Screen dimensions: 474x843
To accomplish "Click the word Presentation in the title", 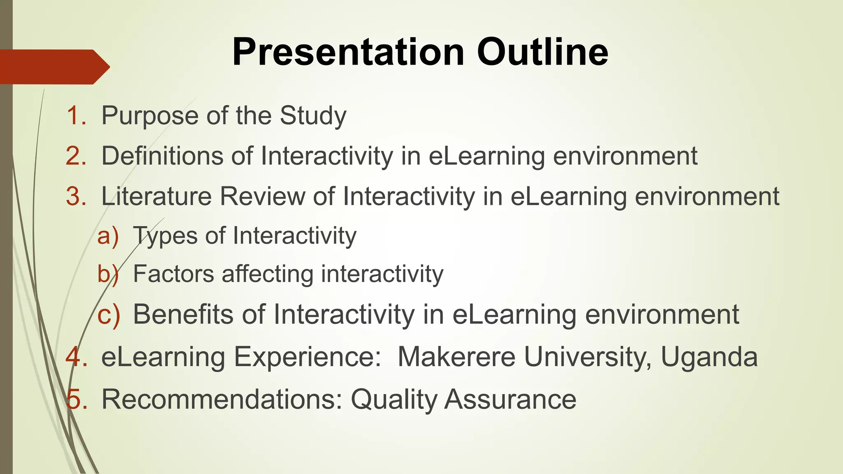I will (348, 52).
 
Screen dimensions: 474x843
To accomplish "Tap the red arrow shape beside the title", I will (54, 67).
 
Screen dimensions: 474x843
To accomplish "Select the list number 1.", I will (76, 116).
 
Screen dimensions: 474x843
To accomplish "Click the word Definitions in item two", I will (163, 156).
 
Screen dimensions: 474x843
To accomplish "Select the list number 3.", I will (76, 196).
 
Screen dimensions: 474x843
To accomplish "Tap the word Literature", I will (156, 196).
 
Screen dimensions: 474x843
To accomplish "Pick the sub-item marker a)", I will (108, 236).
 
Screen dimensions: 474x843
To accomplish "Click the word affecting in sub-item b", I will (268, 274).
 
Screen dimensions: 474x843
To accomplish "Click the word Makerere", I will (456, 357).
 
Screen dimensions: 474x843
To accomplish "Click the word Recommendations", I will (222, 399).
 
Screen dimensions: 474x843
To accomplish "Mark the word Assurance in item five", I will (510, 399).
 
